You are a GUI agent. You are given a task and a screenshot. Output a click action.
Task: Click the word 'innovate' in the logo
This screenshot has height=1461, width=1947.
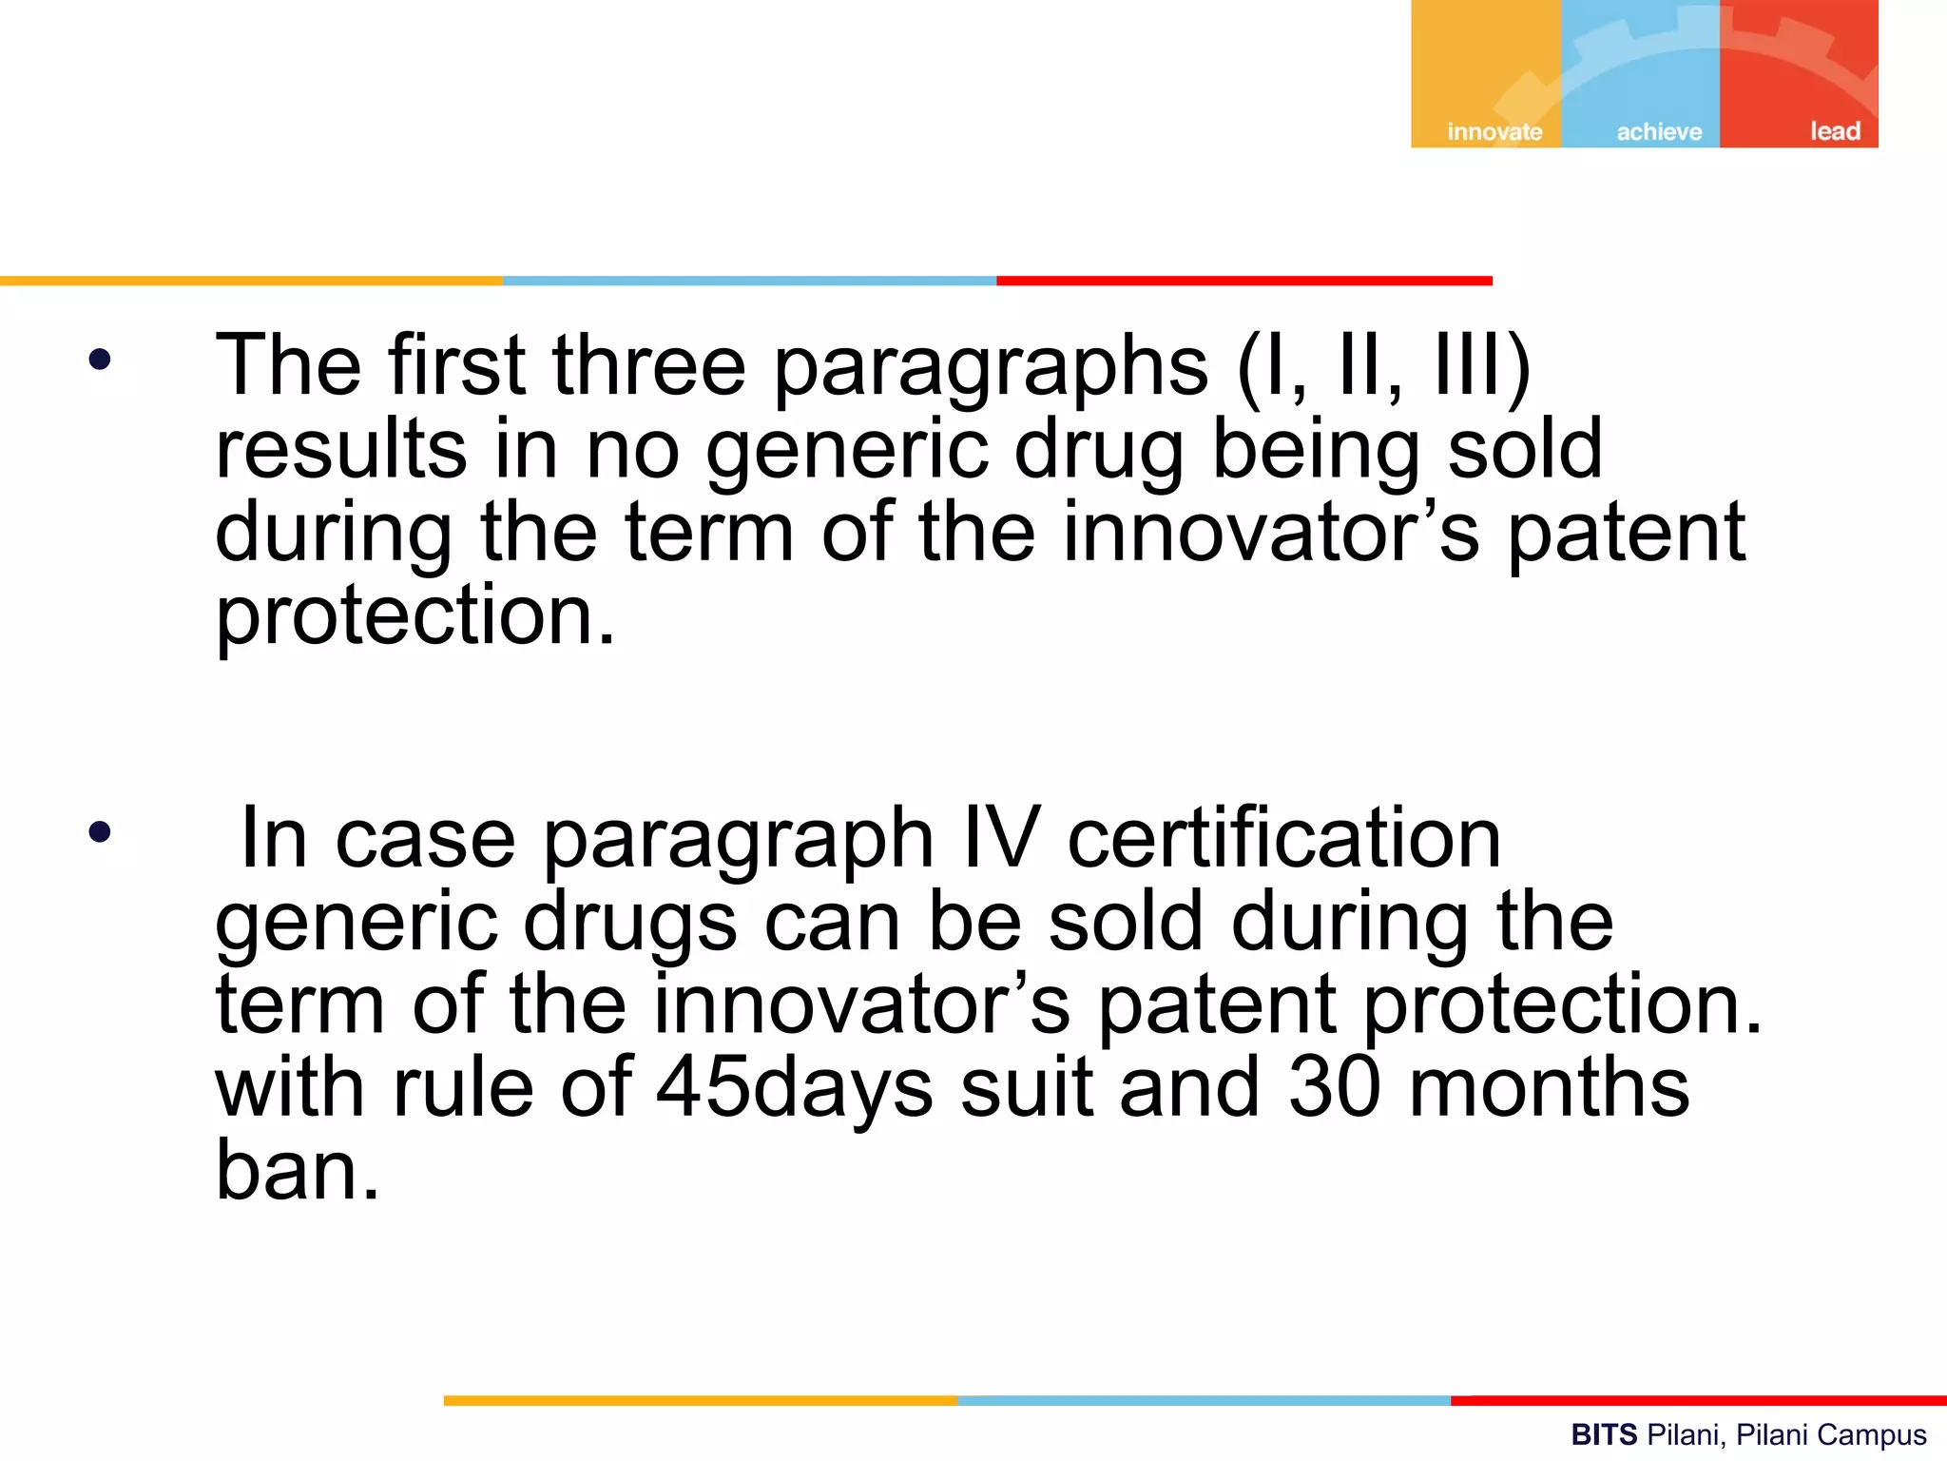(1494, 131)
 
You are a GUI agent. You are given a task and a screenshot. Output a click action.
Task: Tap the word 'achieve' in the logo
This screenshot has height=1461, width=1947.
(1659, 131)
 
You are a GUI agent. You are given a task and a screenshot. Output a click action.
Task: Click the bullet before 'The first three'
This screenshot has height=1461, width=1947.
(99, 360)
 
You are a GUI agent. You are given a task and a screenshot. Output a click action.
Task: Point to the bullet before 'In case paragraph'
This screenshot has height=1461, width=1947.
(99, 832)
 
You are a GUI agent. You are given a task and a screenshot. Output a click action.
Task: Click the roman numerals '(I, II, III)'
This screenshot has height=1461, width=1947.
(1383, 364)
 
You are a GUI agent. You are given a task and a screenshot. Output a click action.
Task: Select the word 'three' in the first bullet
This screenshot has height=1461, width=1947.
(649, 364)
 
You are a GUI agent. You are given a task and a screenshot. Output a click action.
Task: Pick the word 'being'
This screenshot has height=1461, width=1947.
(1316, 451)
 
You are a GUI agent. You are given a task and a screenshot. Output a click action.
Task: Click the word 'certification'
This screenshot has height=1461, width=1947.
(1283, 838)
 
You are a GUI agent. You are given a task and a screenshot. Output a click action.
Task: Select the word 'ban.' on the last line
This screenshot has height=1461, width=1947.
(298, 1170)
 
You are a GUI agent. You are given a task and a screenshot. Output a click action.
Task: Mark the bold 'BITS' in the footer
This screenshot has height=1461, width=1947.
(1604, 1434)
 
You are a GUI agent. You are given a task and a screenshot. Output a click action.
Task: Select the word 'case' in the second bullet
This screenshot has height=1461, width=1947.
(425, 838)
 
